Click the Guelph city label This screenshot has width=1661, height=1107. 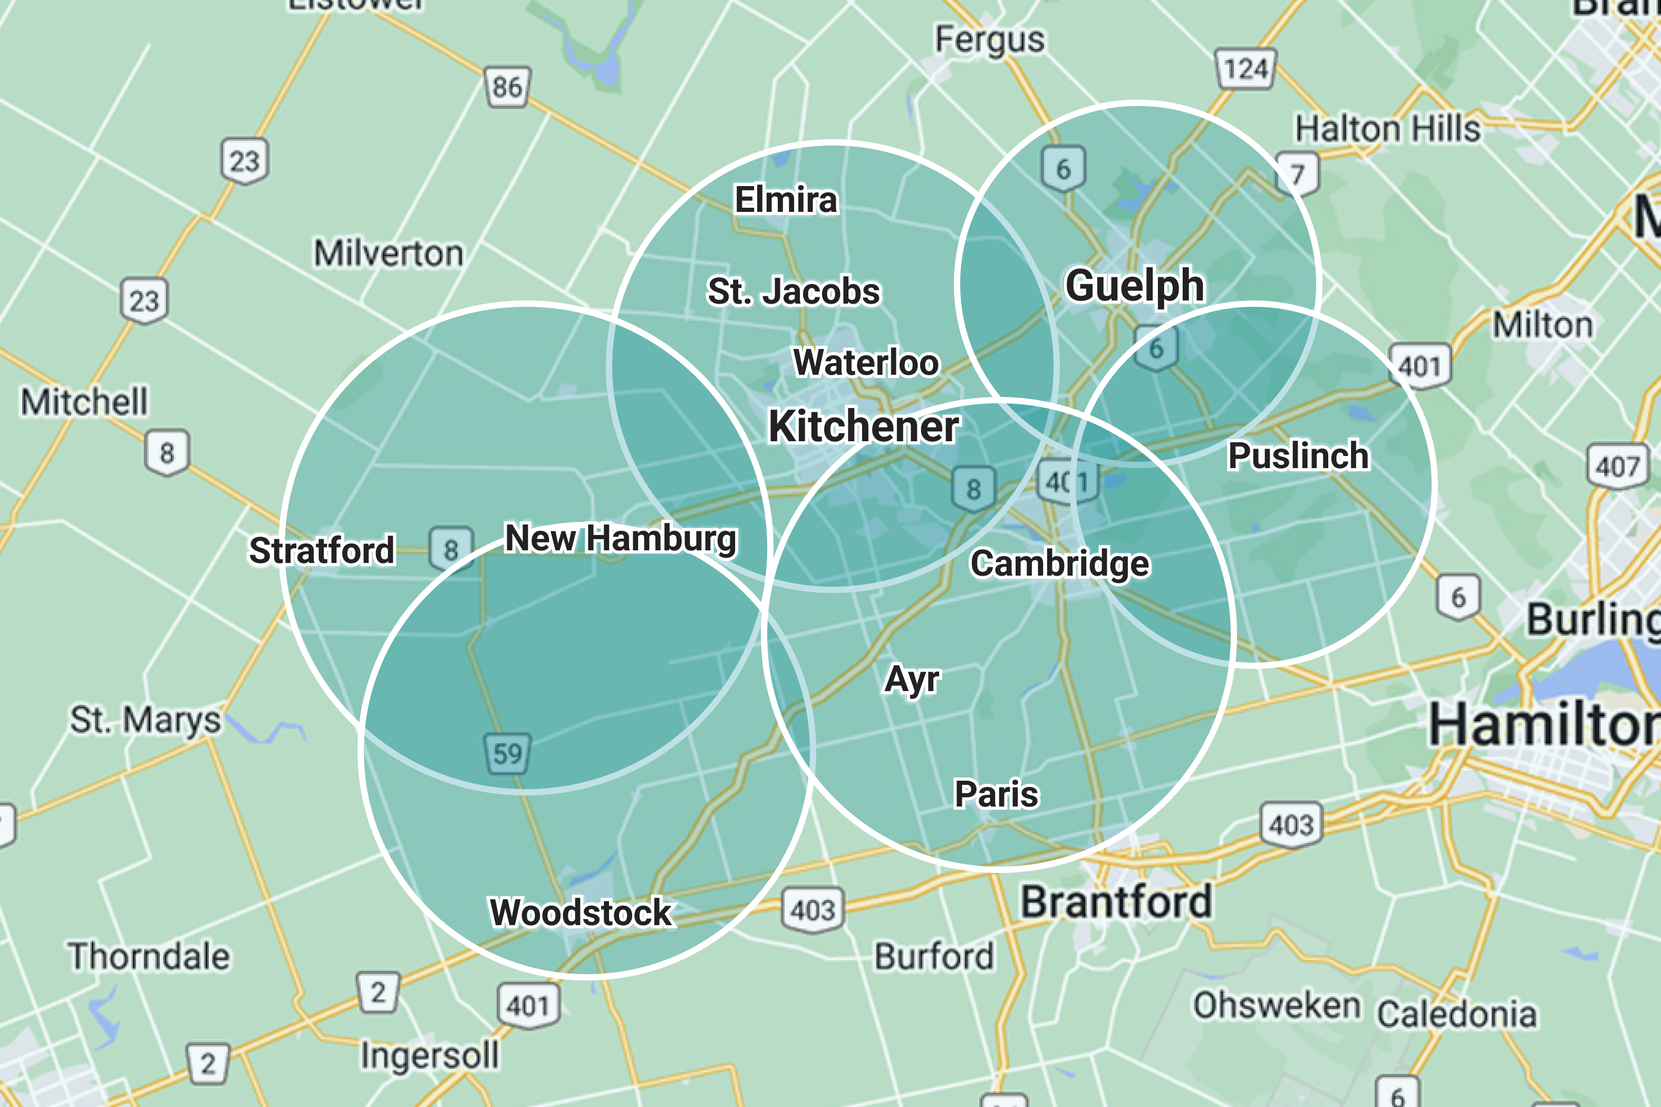click(1134, 285)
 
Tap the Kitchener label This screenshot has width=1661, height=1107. click(863, 426)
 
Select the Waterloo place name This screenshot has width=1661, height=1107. click(866, 362)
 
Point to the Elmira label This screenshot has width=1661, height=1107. click(786, 200)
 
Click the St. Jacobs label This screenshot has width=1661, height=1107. click(794, 292)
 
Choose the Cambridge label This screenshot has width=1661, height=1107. click(1059, 564)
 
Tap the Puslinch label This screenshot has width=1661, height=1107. click(1298, 455)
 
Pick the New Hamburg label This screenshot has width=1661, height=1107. click(621, 539)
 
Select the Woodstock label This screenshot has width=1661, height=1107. click(581, 912)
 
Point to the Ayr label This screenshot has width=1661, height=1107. click(912, 679)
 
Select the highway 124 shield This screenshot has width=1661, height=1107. click(1245, 69)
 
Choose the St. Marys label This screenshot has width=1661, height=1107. click(146, 720)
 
